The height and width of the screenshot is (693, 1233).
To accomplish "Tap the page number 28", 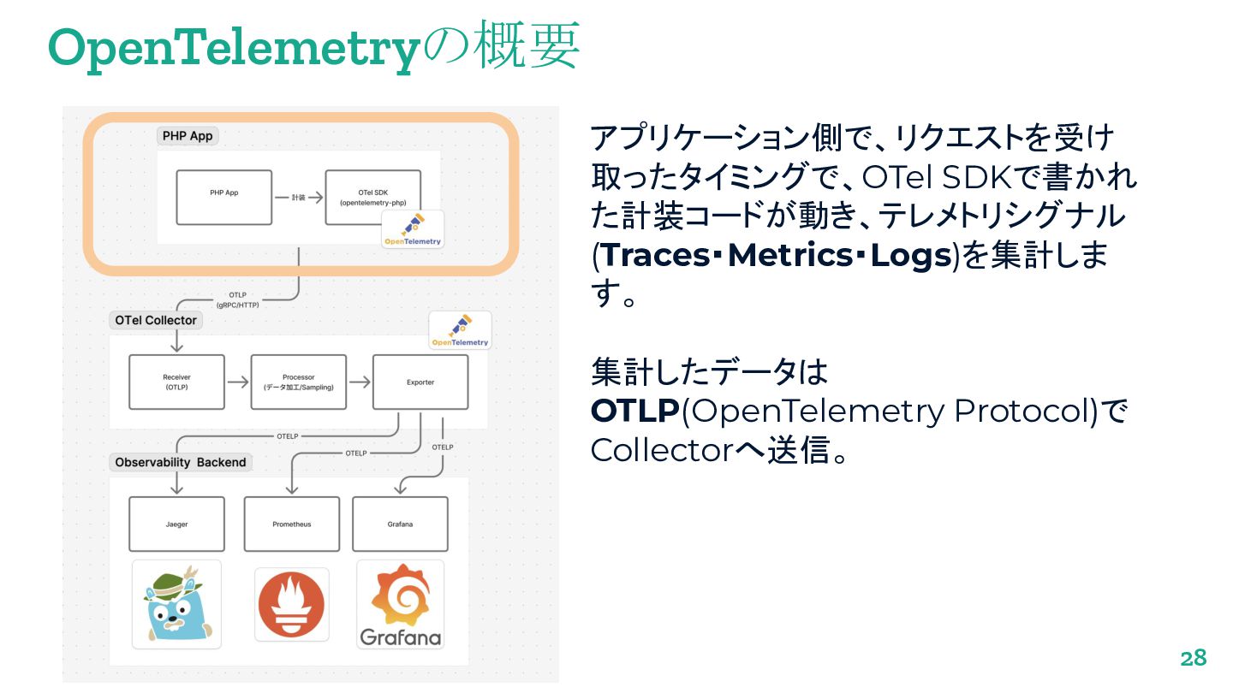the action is (x=1193, y=658).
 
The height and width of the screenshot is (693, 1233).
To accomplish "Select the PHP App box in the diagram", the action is (x=223, y=198).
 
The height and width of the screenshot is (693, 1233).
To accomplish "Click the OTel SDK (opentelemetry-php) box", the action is (x=372, y=198).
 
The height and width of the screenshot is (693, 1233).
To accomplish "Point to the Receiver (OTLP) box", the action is (x=176, y=382).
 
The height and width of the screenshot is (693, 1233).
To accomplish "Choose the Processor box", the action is (x=298, y=382).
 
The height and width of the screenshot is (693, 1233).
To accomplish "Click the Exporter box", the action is (x=420, y=382).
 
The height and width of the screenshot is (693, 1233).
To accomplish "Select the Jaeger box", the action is (x=176, y=524).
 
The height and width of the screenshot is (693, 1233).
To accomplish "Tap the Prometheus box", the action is (x=291, y=524).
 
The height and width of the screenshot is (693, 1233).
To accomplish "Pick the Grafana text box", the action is (x=400, y=524).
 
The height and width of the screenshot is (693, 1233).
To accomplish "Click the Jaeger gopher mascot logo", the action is (x=176, y=604).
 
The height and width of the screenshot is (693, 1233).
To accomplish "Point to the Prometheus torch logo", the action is (x=291, y=604).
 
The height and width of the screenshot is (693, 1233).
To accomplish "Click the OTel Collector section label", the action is (x=156, y=320).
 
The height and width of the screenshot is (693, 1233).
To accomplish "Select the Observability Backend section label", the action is (x=181, y=462).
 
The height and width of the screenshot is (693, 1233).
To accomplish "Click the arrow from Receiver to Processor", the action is (x=237, y=382).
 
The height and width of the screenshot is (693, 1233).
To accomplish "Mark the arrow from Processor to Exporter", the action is (x=360, y=382).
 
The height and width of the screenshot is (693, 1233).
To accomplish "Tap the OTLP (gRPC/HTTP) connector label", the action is (x=238, y=299).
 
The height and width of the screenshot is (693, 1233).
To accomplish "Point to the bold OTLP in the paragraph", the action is (x=634, y=411).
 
